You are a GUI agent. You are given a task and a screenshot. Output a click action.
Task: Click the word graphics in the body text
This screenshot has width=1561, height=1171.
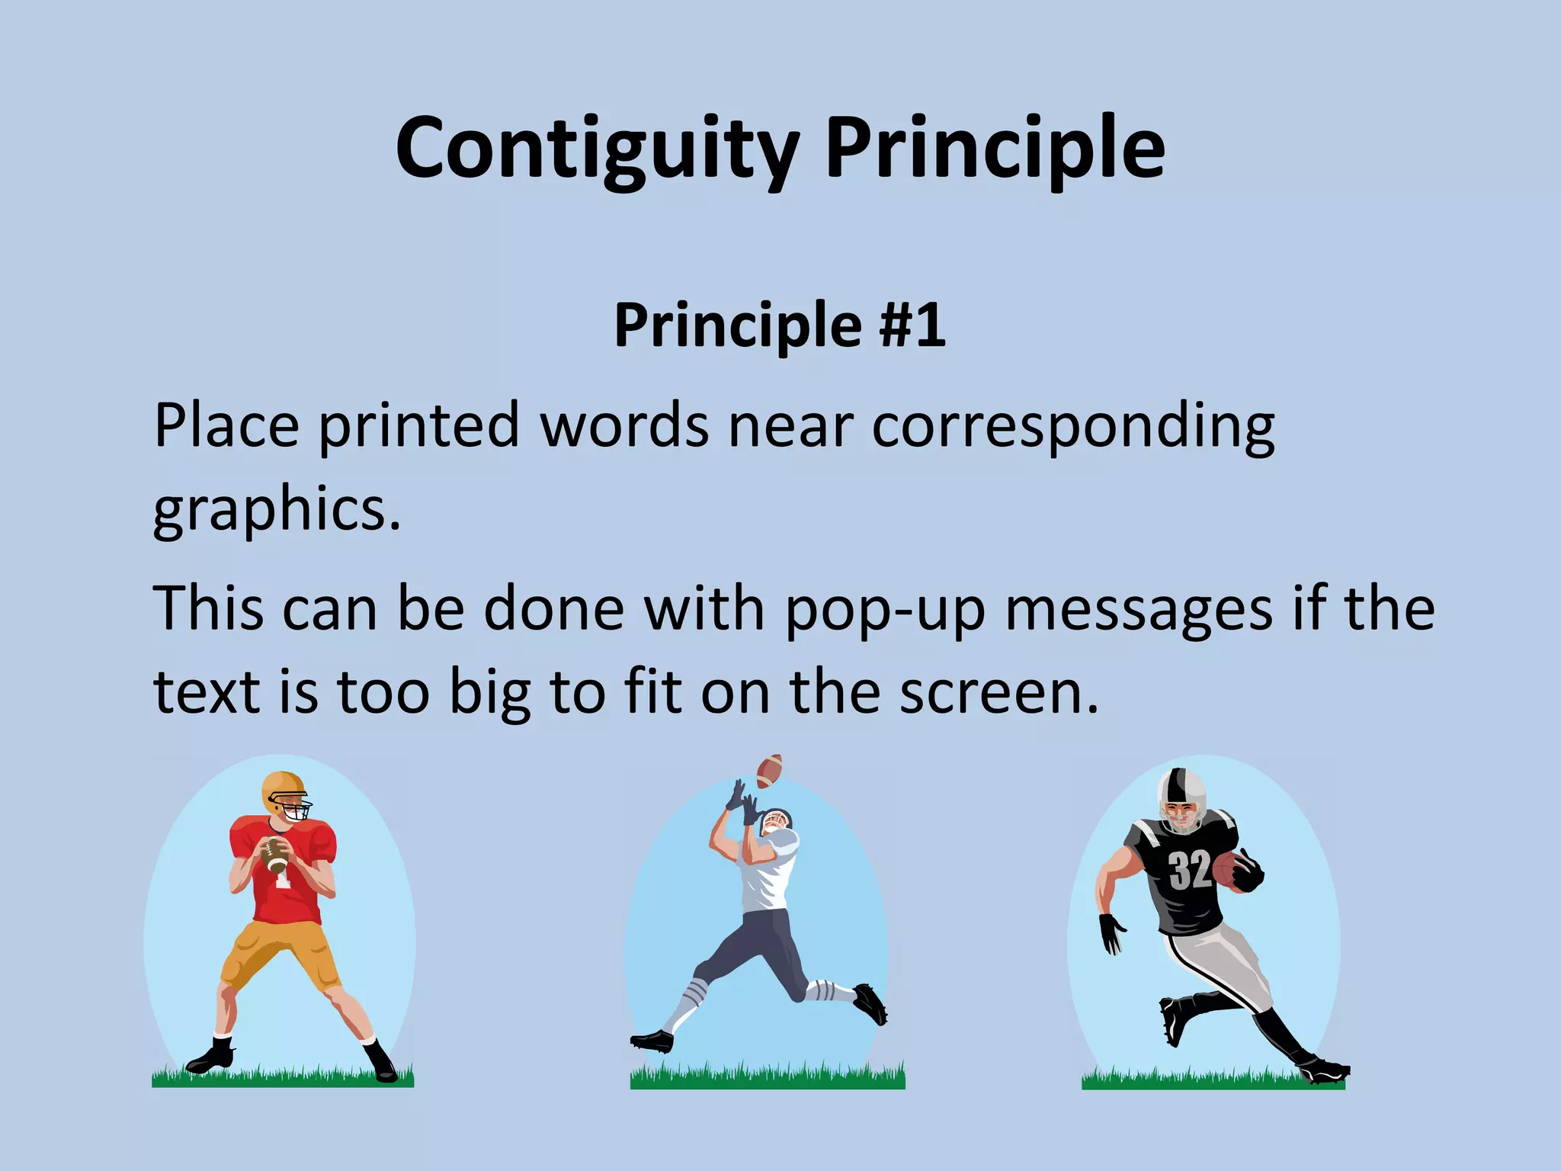click(276, 509)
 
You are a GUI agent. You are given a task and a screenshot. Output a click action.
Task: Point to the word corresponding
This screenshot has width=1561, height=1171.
click(1073, 427)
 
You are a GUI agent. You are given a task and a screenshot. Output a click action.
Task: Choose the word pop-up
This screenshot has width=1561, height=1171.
click(886, 610)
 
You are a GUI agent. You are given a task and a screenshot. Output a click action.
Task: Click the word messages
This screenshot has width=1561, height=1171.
click(1139, 610)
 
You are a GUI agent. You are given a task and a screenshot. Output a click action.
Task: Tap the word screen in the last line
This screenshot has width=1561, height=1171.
click(998, 692)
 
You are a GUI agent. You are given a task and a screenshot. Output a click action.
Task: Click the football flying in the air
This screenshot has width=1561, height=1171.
click(769, 771)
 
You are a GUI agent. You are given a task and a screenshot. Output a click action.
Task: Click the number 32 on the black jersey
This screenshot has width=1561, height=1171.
click(1189, 870)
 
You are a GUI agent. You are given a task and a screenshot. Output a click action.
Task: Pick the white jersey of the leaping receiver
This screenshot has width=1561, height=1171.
click(770, 873)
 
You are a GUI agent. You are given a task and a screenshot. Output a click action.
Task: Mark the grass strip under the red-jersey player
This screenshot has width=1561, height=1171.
click(282, 1076)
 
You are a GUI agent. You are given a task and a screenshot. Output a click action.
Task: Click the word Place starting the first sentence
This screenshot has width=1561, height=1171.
click(226, 425)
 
